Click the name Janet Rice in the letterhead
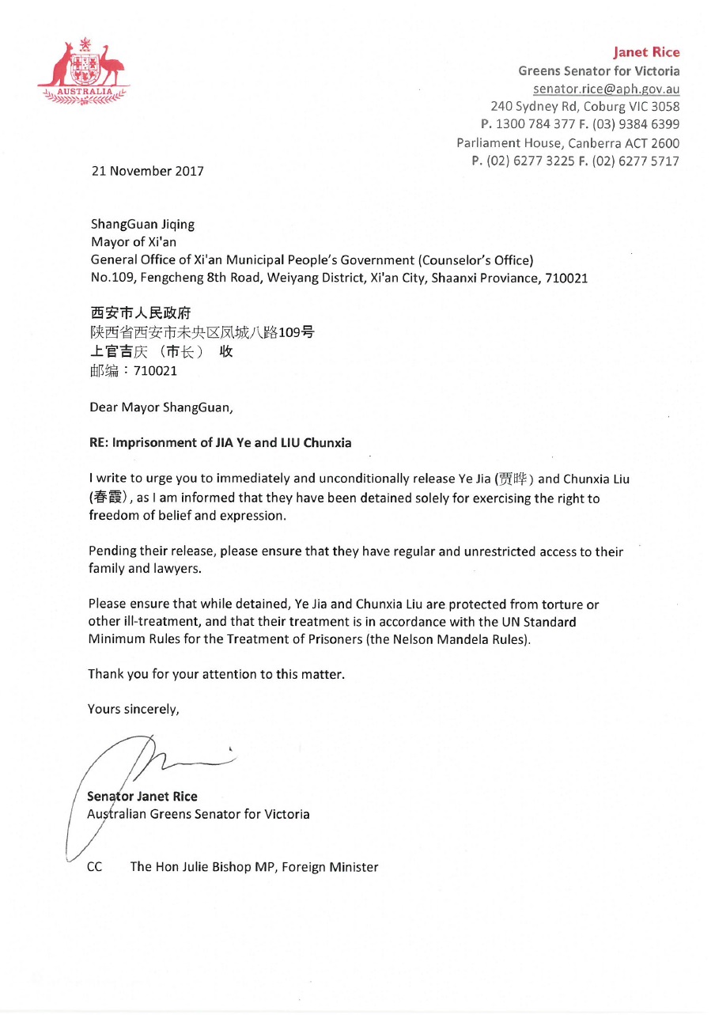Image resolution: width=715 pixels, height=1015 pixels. pyautogui.click(x=646, y=52)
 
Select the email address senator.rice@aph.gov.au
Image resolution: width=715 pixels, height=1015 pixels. pyautogui.click(x=606, y=89)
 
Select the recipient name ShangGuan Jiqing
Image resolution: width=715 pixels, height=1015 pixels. pyautogui.click(x=143, y=224)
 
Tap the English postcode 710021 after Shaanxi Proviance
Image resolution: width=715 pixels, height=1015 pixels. pyautogui.click(x=566, y=278)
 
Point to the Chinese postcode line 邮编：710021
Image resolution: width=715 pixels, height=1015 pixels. pyautogui.click(x=134, y=369)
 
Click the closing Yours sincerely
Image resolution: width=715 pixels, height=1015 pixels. pyautogui.click(x=134, y=709)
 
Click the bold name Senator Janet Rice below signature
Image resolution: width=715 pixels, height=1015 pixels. pyautogui.click(x=142, y=797)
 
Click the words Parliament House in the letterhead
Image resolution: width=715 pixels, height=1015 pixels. pyautogui.click(x=502, y=142)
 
